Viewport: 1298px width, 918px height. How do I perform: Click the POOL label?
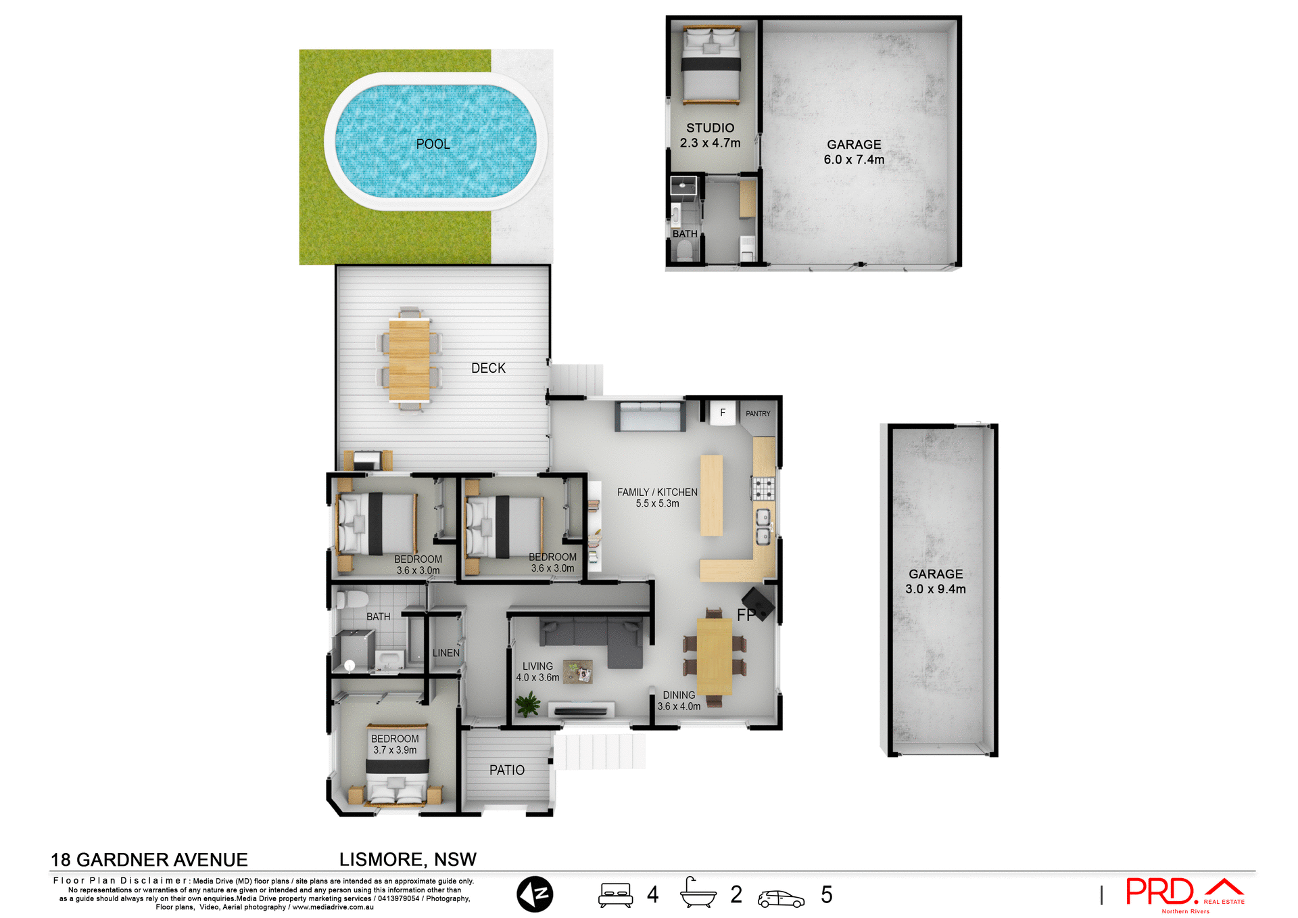click(433, 144)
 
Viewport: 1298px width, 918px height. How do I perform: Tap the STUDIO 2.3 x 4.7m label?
click(710, 135)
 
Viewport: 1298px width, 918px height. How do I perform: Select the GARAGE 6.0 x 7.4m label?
click(854, 152)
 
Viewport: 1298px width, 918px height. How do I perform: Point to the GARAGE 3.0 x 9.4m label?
click(936, 581)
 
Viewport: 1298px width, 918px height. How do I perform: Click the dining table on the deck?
click(409, 359)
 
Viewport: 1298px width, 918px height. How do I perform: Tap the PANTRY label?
click(758, 413)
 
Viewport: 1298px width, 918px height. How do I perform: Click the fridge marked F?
click(723, 413)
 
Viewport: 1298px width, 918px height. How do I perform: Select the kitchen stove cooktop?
click(763, 488)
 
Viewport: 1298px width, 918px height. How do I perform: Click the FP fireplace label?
click(746, 615)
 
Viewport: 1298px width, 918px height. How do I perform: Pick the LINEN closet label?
click(446, 653)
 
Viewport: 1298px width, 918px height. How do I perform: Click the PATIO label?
click(507, 770)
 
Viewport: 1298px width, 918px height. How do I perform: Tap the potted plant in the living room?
click(527, 705)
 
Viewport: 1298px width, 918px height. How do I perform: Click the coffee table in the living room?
click(578, 672)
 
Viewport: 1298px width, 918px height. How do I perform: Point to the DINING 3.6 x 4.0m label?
click(679, 700)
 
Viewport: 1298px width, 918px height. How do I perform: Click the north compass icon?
click(535, 894)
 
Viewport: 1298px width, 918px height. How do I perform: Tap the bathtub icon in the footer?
click(698, 894)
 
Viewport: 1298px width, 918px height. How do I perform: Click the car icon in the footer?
click(781, 898)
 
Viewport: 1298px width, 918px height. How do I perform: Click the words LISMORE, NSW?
click(408, 859)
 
